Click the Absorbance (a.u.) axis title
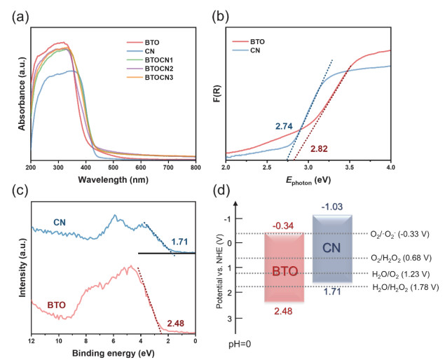point(22,91)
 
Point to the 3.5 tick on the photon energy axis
point(349,168)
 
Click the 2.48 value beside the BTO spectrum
point(175,324)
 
